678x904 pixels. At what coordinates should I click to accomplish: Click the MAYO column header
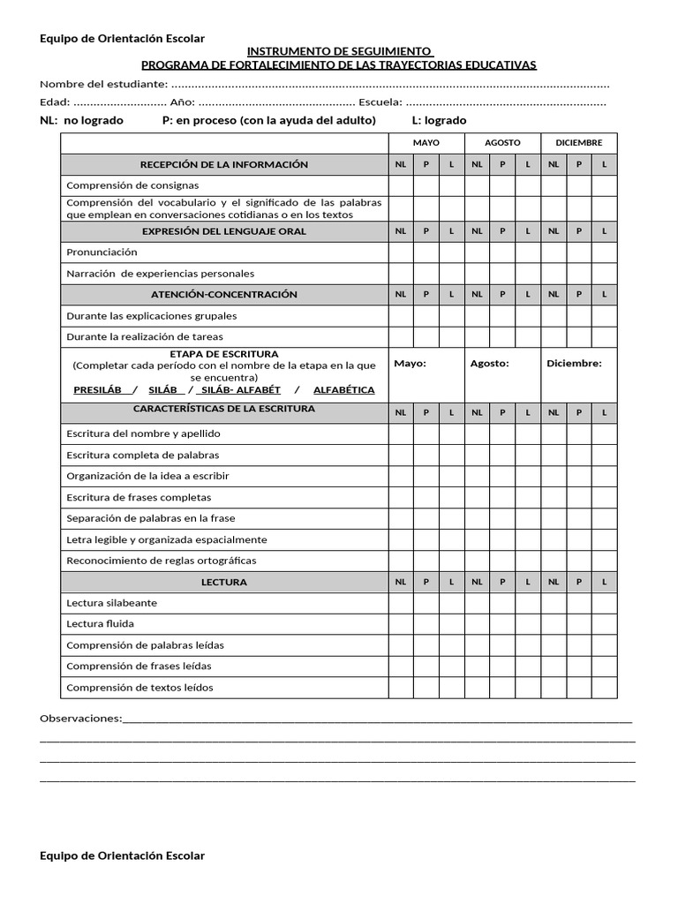426,142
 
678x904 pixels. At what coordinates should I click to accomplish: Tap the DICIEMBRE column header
579,142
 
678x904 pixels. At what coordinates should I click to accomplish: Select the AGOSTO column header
502,142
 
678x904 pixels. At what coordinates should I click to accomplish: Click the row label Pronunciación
102,252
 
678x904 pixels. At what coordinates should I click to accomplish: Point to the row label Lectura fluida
102,624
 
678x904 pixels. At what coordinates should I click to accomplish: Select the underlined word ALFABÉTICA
343,389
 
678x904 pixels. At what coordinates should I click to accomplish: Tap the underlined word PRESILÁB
97,389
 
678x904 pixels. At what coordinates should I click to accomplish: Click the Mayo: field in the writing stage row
410,363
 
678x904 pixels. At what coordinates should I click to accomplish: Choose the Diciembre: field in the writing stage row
574,363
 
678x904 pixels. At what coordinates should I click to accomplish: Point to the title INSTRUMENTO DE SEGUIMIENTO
339,52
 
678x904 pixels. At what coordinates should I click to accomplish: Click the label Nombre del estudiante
102,84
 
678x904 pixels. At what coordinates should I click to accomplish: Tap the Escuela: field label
380,102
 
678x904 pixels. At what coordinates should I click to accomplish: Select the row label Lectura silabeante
111,603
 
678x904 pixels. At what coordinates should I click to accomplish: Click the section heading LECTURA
224,583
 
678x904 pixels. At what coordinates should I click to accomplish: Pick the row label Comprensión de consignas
132,185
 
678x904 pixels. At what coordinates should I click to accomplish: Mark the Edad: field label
55,102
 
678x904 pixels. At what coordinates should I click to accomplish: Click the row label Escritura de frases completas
139,497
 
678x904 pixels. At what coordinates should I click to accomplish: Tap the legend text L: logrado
439,120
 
